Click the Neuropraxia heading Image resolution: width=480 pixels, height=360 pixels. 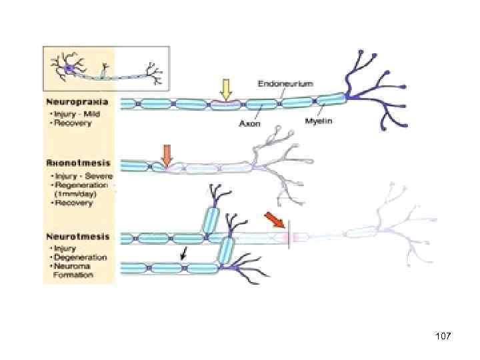(x=79, y=103)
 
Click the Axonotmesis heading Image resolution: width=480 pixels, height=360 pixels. (x=79, y=163)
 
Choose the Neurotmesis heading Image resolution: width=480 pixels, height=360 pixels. (x=79, y=236)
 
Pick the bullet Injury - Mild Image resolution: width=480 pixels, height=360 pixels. (x=70, y=114)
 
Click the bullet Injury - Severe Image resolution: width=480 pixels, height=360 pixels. (x=73, y=175)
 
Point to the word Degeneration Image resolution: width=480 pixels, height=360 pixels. (x=79, y=257)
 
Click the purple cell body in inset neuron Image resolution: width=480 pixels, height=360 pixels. (x=69, y=69)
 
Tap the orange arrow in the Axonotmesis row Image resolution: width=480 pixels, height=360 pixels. (x=167, y=154)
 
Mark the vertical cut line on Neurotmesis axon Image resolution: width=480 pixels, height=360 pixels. (x=288, y=237)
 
